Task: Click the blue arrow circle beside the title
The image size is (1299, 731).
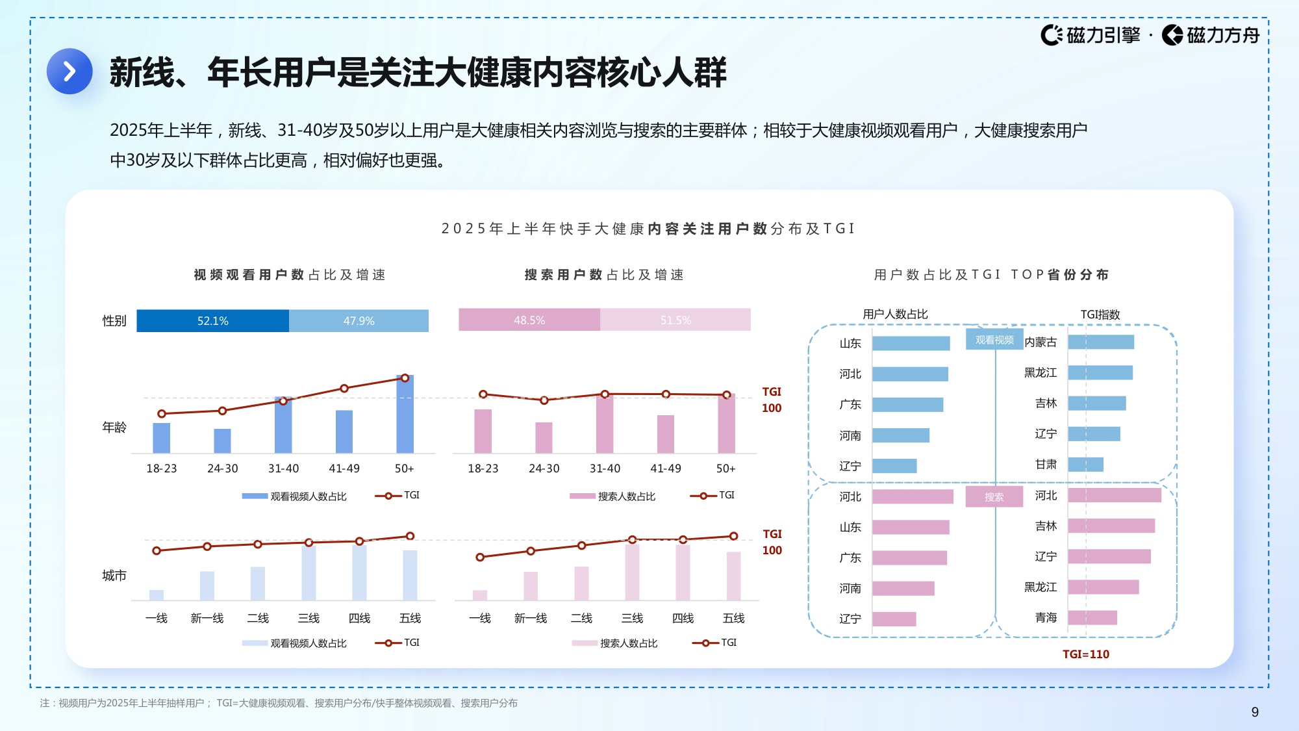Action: click(69, 71)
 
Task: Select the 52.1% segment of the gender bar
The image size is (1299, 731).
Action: click(212, 321)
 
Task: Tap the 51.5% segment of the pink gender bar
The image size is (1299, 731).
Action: click(675, 320)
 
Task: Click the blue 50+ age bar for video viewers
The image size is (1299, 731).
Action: click(405, 416)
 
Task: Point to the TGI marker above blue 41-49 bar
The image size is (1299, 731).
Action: click(344, 389)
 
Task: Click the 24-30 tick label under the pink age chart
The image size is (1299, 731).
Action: click(544, 468)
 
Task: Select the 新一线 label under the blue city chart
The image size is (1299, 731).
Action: click(207, 618)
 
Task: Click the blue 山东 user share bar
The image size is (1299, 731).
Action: click(911, 343)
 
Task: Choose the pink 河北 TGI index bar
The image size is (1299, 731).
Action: click(1115, 496)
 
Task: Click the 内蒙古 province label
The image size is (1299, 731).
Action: click(1040, 342)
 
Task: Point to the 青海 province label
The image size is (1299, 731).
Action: click(1046, 617)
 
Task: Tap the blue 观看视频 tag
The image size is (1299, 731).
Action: click(994, 340)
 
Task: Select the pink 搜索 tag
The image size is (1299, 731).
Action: click(994, 497)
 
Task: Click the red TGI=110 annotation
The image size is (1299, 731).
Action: click(1085, 654)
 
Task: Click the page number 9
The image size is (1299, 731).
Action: click(1255, 712)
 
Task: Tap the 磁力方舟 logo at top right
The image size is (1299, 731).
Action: click(1211, 35)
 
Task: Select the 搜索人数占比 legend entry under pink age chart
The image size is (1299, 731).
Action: click(625, 496)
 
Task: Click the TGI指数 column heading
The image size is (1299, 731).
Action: click(1100, 314)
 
